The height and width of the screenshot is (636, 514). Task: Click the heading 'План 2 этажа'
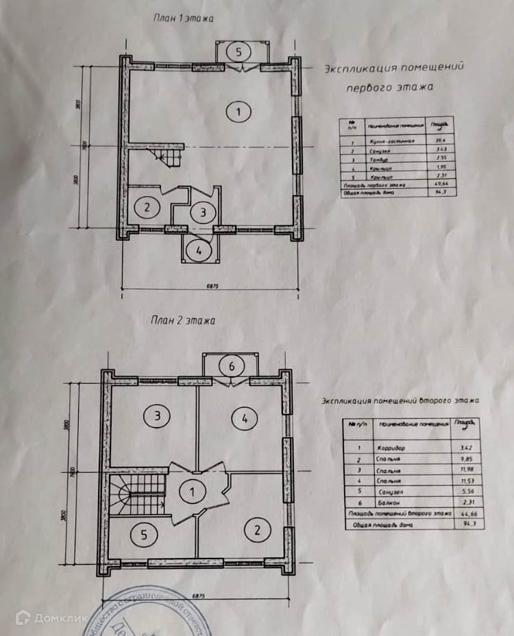(x=182, y=319)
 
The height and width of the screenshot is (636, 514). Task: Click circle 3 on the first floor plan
(x=203, y=212)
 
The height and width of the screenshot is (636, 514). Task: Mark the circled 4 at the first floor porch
(x=199, y=250)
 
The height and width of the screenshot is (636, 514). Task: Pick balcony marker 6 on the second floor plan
(x=232, y=367)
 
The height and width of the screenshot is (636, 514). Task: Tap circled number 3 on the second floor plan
(x=157, y=415)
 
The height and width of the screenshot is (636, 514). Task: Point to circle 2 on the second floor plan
(x=258, y=529)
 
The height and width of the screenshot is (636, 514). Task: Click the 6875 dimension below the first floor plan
(x=210, y=286)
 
